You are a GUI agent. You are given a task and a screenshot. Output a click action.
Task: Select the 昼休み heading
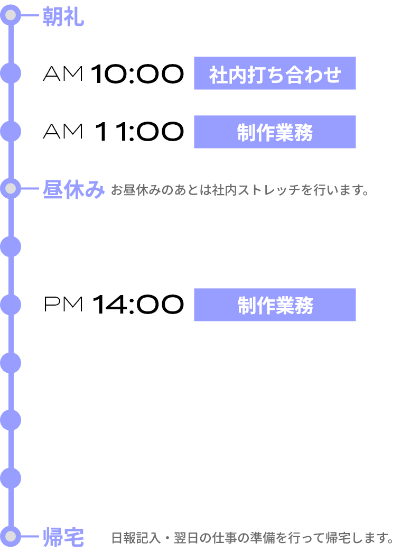click(73, 189)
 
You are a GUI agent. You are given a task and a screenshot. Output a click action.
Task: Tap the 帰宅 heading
click(63, 538)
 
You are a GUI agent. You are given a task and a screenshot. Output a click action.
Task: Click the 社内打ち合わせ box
click(275, 73)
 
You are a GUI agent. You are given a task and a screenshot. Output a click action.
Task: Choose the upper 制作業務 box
click(275, 132)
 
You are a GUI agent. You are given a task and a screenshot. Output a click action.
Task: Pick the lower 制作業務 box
click(275, 305)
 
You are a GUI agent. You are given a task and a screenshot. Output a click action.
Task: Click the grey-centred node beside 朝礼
click(11, 15)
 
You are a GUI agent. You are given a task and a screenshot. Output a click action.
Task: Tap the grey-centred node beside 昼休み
click(11, 188)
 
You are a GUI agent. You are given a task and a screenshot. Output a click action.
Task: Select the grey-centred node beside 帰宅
click(11, 536)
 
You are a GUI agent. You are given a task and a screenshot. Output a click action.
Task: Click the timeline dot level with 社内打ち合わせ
click(11, 73)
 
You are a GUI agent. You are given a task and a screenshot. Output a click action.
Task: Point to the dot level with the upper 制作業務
click(11, 131)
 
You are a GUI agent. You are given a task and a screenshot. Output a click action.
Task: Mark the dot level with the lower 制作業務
click(11, 305)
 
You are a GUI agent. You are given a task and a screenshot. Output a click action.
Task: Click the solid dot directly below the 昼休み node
click(11, 246)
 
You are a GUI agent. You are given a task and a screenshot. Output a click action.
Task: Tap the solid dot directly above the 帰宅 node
click(11, 478)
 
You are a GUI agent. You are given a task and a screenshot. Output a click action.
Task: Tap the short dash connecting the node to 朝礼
click(30, 15)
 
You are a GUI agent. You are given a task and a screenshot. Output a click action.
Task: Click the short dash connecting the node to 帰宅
click(30, 536)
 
